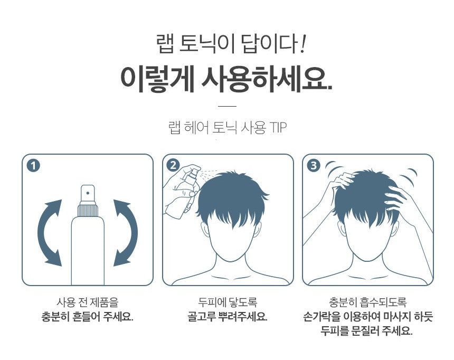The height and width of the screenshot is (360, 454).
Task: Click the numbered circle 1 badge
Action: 33,166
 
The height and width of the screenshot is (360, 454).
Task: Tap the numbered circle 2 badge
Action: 173,165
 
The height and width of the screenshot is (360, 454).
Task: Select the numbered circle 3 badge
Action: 313,166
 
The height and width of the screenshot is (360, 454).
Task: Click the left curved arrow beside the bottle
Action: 48,232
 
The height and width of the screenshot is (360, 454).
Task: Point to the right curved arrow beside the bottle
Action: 127,232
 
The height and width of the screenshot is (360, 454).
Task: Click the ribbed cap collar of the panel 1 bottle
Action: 88,210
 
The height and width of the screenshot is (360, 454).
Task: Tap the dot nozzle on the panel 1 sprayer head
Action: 88,193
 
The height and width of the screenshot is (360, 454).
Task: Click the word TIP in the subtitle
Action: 278,127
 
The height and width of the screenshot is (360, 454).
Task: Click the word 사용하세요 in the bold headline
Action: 267,79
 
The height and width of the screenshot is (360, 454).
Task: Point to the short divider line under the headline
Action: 227,106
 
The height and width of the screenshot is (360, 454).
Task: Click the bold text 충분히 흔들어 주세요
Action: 87,317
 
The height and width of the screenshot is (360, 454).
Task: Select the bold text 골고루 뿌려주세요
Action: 228,317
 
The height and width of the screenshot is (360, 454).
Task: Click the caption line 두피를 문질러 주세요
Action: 366,330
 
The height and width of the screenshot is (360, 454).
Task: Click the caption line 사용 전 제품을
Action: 88,302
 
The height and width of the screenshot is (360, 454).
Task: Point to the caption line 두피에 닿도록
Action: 228,302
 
